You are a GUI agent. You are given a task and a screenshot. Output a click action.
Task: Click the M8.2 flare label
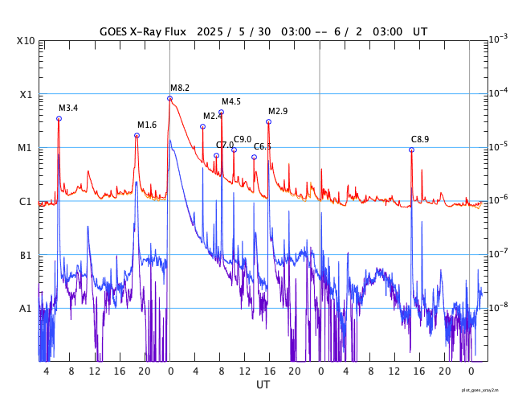pyautogui.click(x=180, y=88)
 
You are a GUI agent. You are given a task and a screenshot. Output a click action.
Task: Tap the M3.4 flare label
pyautogui.click(x=68, y=108)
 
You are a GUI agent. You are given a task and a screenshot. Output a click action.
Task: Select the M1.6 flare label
pyautogui.click(x=147, y=125)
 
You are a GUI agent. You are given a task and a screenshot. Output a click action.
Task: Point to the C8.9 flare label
pyautogui.click(x=420, y=139)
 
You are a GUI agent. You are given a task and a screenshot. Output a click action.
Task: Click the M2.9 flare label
pyautogui.click(x=278, y=111)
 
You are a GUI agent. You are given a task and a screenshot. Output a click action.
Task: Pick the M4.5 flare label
pyautogui.click(x=231, y=101)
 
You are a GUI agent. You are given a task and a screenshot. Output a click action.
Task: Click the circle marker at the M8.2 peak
pyautogui.click(x=169, y=98)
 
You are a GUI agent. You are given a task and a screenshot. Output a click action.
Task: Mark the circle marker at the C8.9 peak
pyautogui.click(x=411, y=150)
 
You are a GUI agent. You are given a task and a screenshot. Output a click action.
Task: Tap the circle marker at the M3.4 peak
pyautogui.click(x=59, y=118)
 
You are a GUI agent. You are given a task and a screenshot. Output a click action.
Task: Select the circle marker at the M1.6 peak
pyautogui.click(x=137, y=135)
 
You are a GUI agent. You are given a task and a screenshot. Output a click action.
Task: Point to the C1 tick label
pyautogui.click(x=26, y=201)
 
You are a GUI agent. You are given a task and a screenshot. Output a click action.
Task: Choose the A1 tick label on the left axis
pyautogui.click(x=26, y=308)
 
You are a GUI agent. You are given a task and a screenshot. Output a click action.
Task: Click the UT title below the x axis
pyautogui.click(x=263, y=385)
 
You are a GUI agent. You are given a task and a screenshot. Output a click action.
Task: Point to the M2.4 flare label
pyautogui.click(x=212, y=116)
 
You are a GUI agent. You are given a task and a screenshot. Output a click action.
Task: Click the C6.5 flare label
pyautogui.click(x=263, y=146)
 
